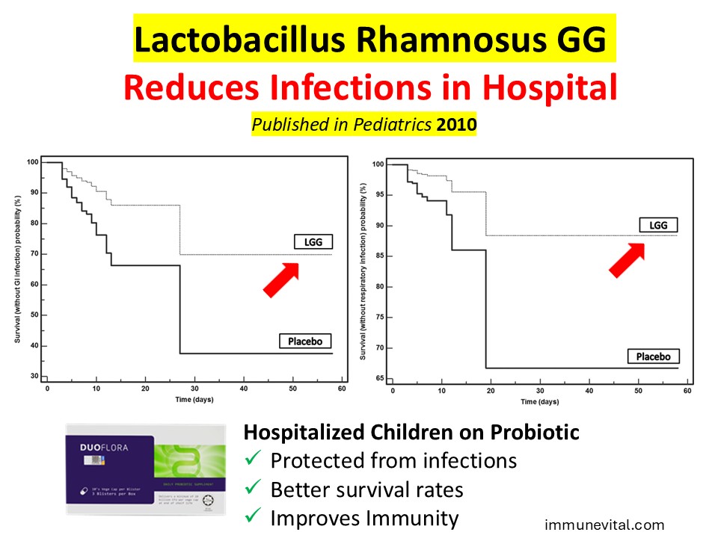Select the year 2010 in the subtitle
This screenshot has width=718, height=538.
456,124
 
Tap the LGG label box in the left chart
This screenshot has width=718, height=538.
310,241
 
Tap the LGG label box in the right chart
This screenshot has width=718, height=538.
658,225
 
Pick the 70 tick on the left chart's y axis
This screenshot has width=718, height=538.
34,254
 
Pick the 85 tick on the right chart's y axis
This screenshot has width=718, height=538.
378,256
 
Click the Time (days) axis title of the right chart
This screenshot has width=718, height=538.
539,402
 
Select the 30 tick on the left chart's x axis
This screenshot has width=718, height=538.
194,389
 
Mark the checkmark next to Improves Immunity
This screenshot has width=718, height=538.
253,518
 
